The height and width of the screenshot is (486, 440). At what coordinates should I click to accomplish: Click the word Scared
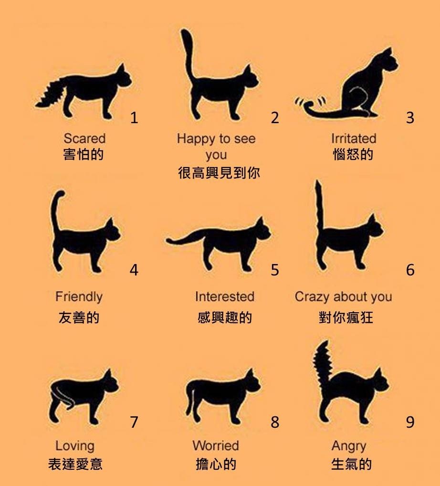tap(84, 138)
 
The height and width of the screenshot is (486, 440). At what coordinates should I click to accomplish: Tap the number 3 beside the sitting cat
tap(410, 117)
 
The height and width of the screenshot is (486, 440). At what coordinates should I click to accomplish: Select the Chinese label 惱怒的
tap(353, 155)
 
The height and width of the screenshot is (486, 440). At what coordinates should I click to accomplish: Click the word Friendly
tap(79, 296)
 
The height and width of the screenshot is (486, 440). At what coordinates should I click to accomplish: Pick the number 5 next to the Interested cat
tap(275, 270)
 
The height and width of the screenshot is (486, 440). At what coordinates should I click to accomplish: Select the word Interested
tap(224, 296)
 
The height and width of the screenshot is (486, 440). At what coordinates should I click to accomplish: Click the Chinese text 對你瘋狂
tap(346, 317)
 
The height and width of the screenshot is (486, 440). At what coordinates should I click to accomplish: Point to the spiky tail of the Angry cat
tap(322, 363)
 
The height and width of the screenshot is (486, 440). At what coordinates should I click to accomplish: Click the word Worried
tap(215, 445)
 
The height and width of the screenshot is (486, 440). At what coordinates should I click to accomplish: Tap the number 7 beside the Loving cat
tap(134, 422)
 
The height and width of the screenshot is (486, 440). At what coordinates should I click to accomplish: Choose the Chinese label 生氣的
tap(351, 465)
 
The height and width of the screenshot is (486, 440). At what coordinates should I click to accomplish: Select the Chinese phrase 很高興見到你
tap(219, 172)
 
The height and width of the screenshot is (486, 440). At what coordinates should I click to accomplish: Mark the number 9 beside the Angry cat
tap(410, 422)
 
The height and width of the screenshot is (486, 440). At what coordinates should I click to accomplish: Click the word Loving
tap(75, 445)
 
